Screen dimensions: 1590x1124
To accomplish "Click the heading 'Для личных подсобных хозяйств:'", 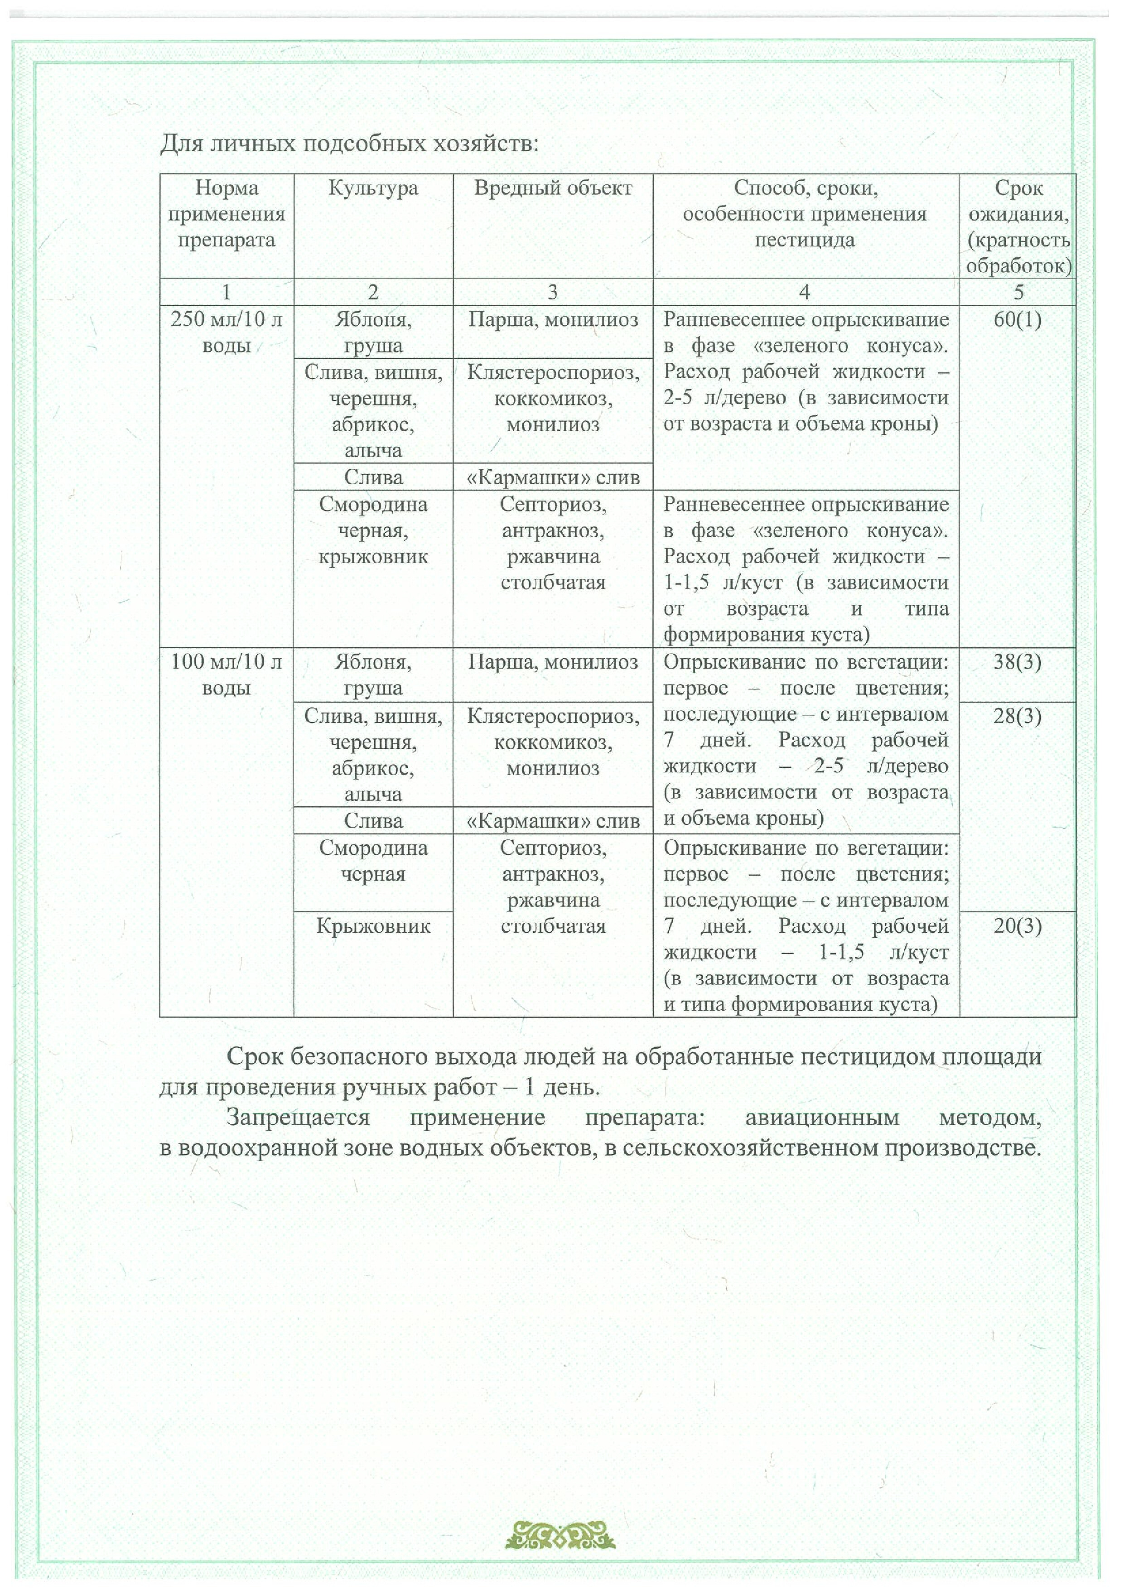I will pos(349,144).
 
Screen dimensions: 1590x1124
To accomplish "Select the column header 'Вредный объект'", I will pos(553,188).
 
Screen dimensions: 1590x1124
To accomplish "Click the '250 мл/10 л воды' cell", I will pos(227,332).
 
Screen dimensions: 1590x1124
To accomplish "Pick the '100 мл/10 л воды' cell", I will pos(227,675).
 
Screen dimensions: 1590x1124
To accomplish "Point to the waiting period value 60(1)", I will pos(1018,320).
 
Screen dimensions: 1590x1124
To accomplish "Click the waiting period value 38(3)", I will pos(1018,662).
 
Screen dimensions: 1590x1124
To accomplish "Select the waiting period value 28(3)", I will pos(1018,716).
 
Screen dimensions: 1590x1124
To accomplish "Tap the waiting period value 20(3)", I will pos(1018,926).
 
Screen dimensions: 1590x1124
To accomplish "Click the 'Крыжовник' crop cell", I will pos(373,926).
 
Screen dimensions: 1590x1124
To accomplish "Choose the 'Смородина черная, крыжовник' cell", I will pos(373,530).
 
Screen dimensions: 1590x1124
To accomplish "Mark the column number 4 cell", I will pos(805,292).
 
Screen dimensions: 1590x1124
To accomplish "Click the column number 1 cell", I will pos(227,292).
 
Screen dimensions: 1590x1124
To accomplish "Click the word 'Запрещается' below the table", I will pos(298,1117).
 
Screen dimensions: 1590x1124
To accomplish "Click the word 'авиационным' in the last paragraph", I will pos(822,1117).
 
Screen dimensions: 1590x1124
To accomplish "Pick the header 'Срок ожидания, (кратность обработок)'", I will pos(1018,226).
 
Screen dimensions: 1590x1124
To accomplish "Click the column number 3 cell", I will pos(553,292).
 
